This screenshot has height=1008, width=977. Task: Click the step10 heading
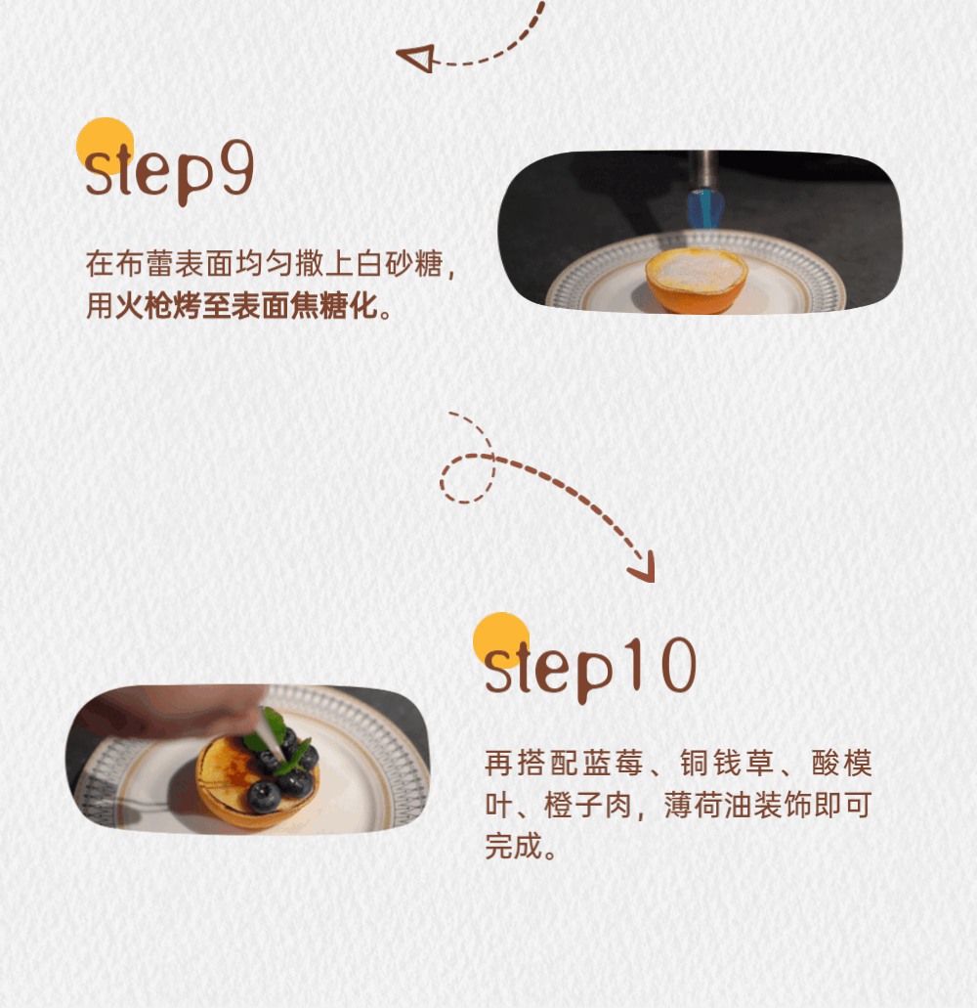click(590, 669)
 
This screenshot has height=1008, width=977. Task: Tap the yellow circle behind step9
click(106, 147)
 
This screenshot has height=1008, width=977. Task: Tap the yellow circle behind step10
click(501, 641)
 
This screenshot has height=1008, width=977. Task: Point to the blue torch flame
click(705, 207)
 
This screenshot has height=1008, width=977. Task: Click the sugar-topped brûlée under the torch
click(697, 280)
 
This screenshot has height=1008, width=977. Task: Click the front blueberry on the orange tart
click(264, 796)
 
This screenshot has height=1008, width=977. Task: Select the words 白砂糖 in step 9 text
click(400, 264)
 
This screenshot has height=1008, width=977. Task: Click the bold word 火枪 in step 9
click(144, 305)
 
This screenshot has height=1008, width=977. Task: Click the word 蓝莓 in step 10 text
click(614, 763)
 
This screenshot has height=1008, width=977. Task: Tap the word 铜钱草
click(727, 763)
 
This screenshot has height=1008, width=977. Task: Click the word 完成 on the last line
click(514, 846)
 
